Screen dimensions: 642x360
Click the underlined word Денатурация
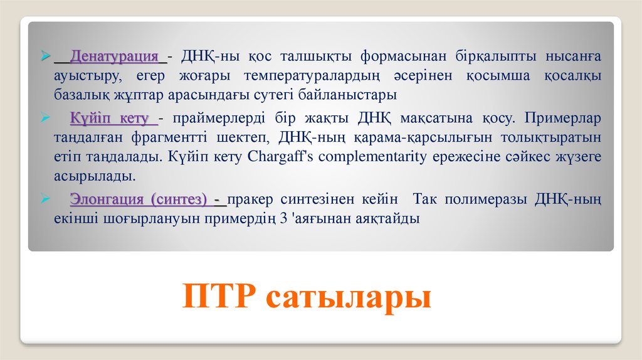click(114, 56)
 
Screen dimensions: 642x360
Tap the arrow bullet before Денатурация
click(45, 55)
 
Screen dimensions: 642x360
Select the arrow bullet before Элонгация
click(45, 199)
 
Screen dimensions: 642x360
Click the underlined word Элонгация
click(107, 199)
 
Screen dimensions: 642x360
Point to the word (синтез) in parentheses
click(179, 199)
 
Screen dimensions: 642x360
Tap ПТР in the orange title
click(219, 295)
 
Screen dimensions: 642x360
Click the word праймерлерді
click(219, 119)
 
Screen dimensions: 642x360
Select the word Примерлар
click(562, 118)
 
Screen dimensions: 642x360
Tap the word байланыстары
click(347, 95)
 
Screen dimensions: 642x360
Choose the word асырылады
click(95, 176)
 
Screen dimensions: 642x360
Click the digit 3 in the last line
click(284, 218)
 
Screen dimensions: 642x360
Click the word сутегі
click(273, 95)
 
